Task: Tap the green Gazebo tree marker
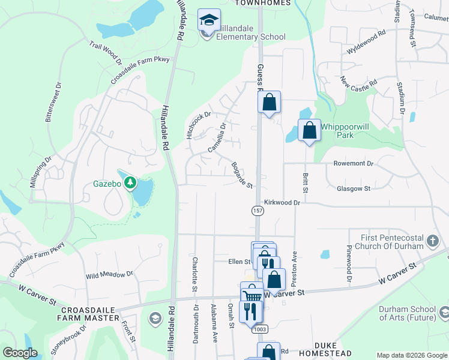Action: tap(130, 183)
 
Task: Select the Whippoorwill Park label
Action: tap(345, 131)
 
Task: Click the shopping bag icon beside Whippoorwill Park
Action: tap(309, 130)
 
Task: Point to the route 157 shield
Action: tap(257, 211)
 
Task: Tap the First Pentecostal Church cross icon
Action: tap(432, 242)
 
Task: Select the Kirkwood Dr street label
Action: tap(282, 203)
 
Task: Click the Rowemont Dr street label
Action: tap(354, 163)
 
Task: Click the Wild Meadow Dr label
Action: tap(109, 275)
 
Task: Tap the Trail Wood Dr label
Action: tap(105, 53)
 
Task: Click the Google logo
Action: tap(20, 353)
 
